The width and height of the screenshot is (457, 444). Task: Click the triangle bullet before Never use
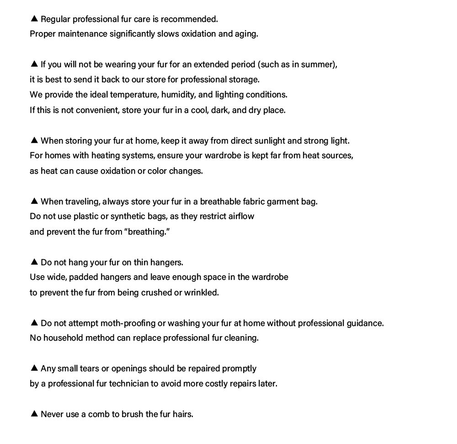coord(34,414)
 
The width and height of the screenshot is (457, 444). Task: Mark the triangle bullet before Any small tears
coord(34,368)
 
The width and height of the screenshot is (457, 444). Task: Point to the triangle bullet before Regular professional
coord(34,19)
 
